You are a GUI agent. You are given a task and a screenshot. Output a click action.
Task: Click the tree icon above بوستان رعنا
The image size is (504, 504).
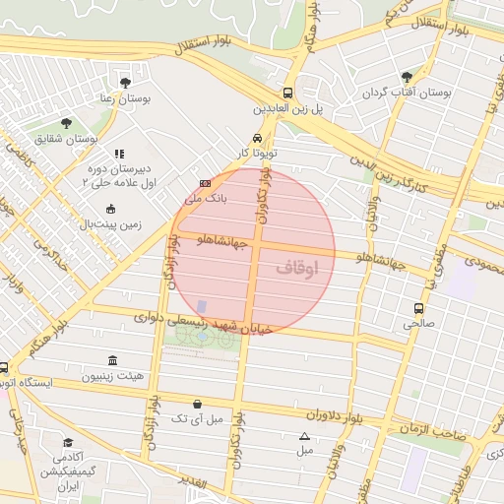[x=125, y=83]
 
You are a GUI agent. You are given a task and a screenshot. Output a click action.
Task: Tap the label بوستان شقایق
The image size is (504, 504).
[x=67, y=139]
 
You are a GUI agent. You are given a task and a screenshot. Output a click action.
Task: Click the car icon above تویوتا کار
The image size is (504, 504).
[x=257, y=138]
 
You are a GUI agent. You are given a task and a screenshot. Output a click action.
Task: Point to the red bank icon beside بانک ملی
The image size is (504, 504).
[x=205, y=183]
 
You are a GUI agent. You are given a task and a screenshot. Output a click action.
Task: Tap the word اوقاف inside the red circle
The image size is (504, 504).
[x=298, y=267]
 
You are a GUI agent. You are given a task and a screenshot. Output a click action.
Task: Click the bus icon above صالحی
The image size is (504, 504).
[x=418, y=308]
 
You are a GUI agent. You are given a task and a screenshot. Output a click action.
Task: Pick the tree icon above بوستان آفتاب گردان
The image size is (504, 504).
[x=404, y=77]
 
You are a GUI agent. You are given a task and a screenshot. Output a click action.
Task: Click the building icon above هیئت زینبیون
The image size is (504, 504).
[x=111, y=360]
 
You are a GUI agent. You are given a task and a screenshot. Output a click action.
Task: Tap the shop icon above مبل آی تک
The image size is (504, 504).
[x=198, y=404]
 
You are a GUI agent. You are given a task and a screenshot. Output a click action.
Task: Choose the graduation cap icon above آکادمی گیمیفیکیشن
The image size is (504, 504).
[x=68, y=443]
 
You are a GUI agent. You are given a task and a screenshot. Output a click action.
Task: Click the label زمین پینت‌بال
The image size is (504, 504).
[x=110, y=223]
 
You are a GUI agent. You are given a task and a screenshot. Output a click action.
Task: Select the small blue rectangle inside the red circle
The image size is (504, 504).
[x=202, y=307]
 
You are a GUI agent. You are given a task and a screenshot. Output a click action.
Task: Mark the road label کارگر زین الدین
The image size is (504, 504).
[x=410, y=167]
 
